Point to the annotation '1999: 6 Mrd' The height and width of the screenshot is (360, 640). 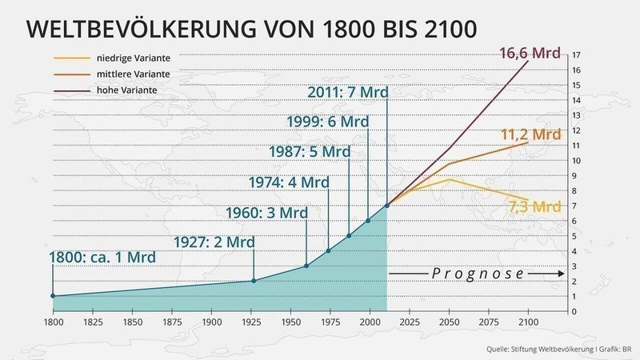(327, 122)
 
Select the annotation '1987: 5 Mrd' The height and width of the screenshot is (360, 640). (308, 151)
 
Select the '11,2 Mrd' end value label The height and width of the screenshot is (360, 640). (530, 134)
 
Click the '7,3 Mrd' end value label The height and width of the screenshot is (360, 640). (534, 206)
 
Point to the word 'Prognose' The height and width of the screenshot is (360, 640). (478, 273)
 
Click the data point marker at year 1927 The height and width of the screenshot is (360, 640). (254, 281)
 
